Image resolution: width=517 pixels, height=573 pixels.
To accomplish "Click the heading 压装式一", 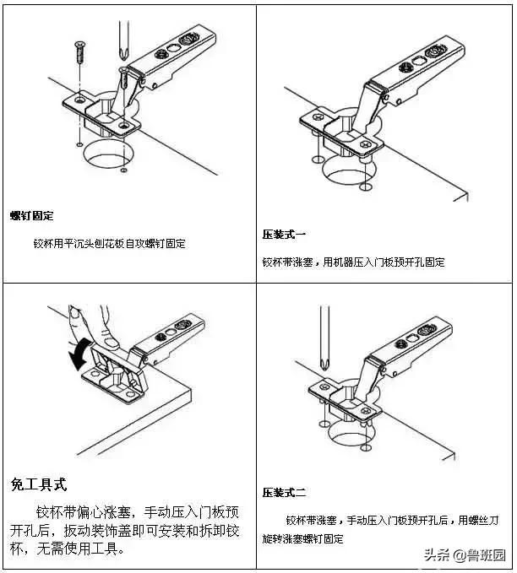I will pos(284,234).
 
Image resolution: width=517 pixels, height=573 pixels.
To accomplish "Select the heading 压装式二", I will pos(284,492).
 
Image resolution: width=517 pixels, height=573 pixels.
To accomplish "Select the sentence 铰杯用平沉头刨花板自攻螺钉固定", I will pos(109,244).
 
